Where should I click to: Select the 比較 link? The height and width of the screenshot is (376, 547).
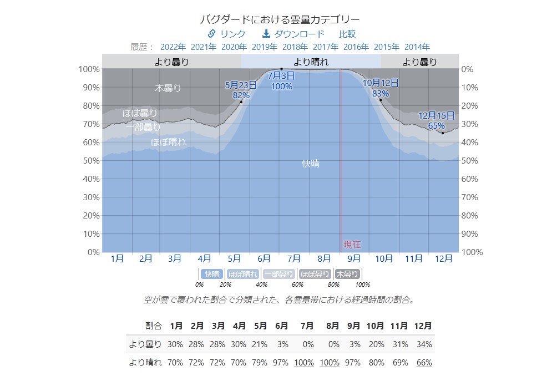(x=347, y=34)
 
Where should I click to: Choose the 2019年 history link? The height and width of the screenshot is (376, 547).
(x=265, y=47)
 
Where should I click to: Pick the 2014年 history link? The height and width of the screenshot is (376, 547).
(x=417, y=47)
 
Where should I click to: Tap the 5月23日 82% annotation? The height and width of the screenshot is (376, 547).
(x=241, y=90)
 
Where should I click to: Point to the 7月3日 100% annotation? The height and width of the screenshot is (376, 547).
(x=282, y=80)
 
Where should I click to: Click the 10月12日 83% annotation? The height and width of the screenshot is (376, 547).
(x=381, y=88)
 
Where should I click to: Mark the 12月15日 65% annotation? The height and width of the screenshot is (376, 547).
(x=437, y=120)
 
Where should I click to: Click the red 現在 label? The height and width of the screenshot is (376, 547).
(x=352, y=244)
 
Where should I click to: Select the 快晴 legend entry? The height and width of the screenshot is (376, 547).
(x=212, y=274)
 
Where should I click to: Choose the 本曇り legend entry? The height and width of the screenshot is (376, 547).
(x=347, y=274)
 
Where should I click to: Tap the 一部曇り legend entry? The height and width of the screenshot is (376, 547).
(x=278, y=274)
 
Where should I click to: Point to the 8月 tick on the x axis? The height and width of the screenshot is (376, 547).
(x=324, y=258)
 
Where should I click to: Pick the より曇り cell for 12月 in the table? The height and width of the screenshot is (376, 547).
(x=424, y=344)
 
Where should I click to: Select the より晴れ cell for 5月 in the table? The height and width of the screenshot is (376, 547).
(x=260, y=363)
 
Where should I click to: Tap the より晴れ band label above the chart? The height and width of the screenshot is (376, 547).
(x=311, y=62)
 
